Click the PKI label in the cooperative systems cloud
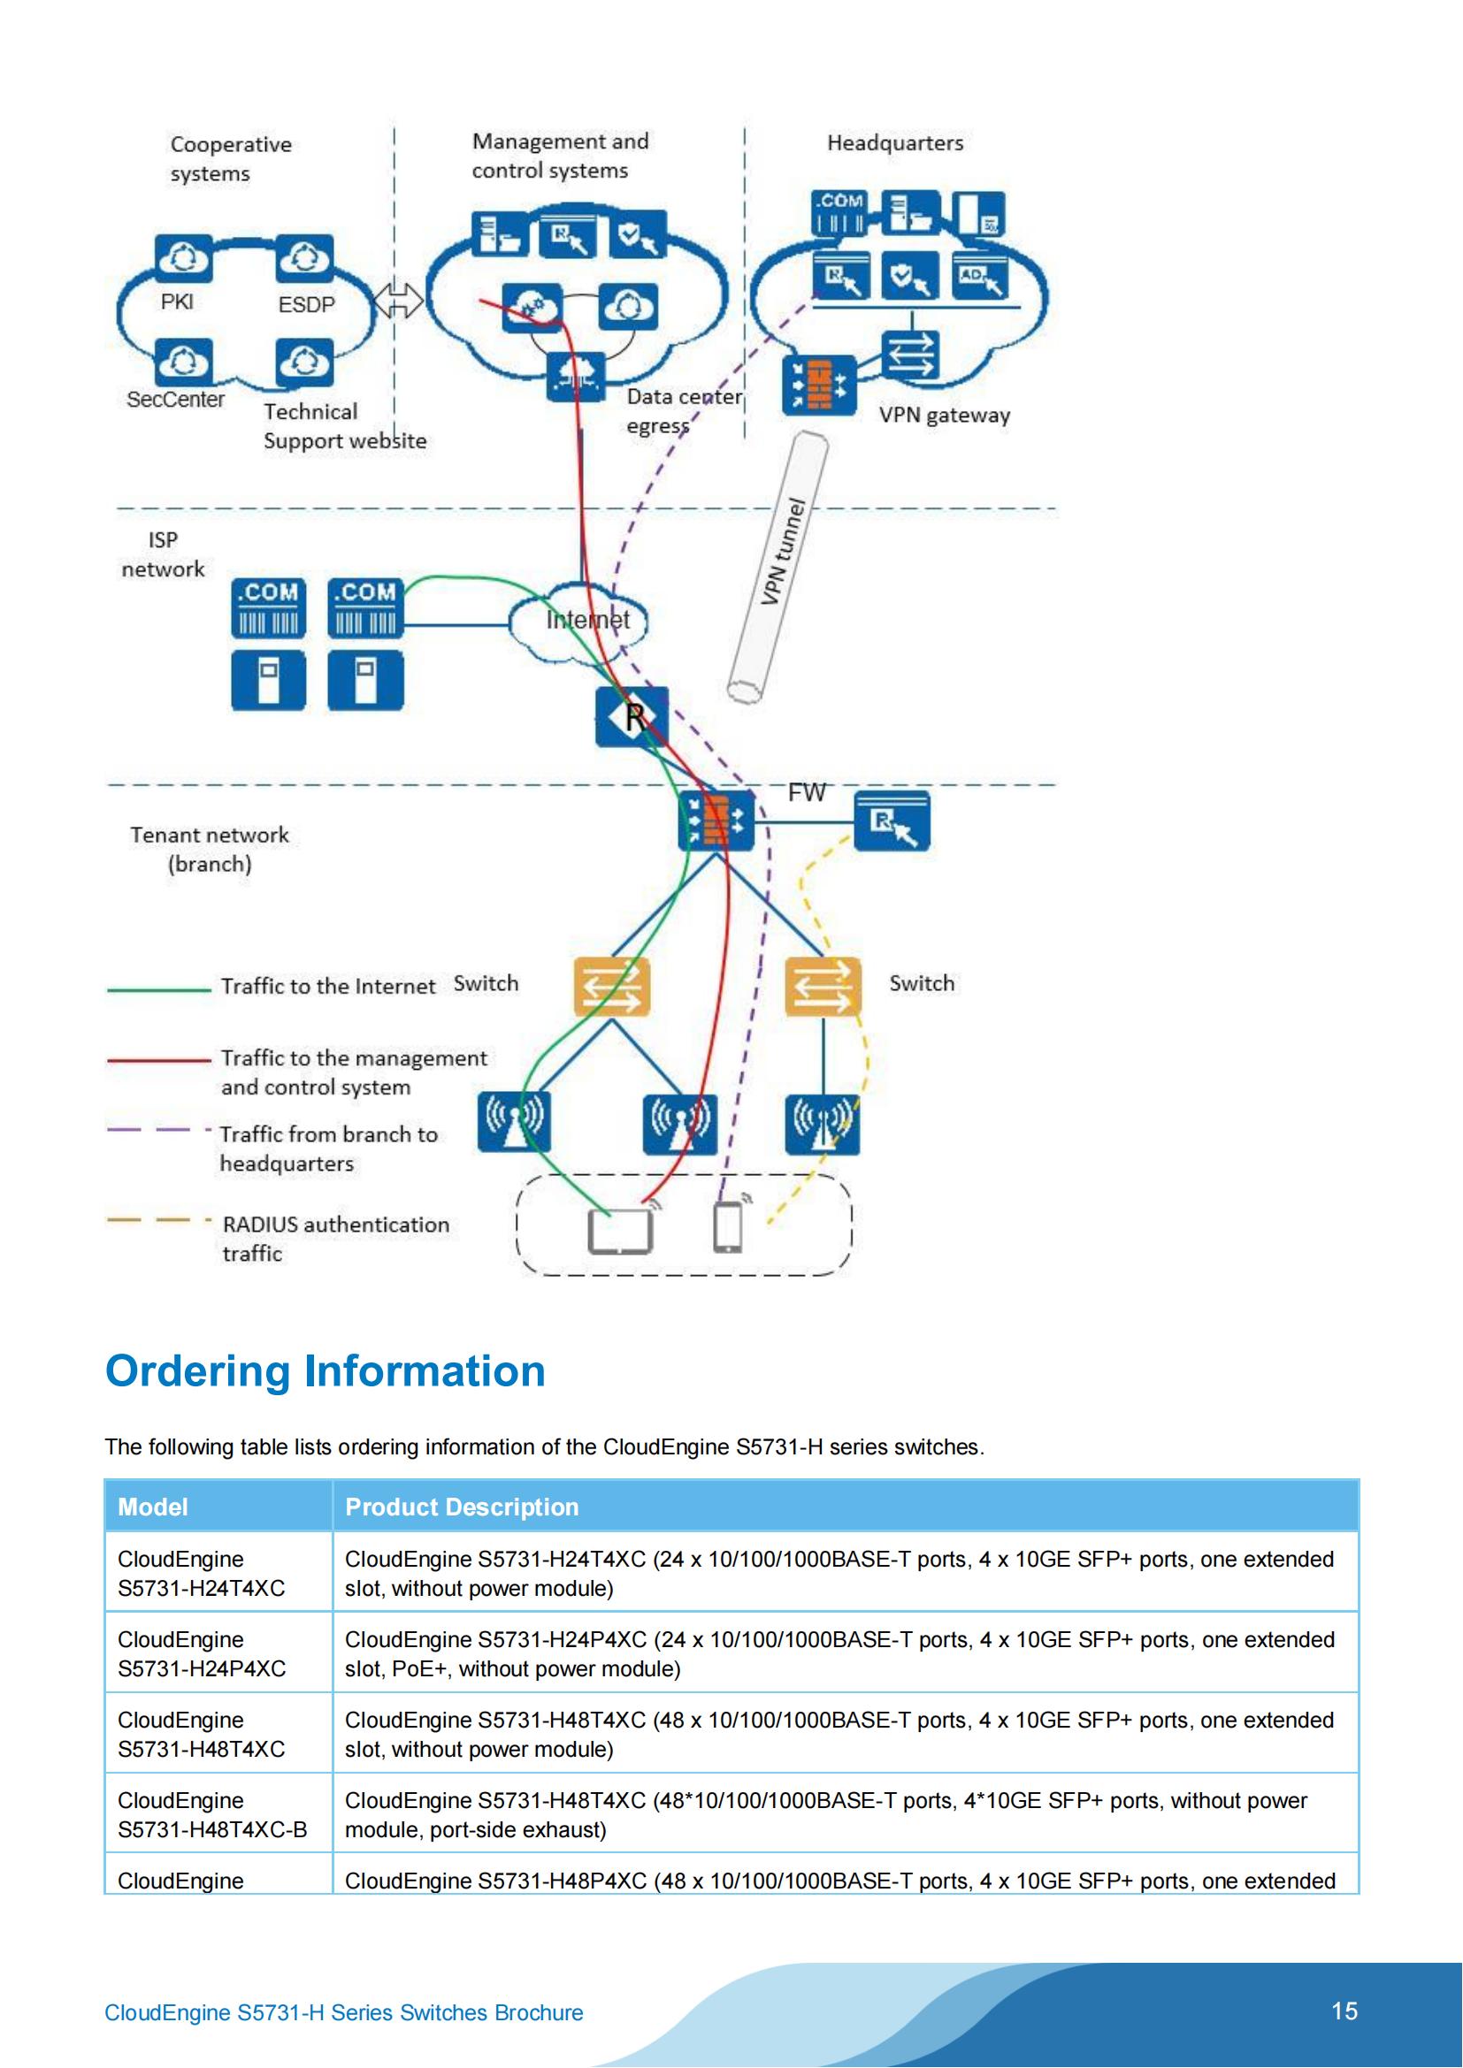[177, 301]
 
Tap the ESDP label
[306, 304]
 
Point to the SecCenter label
[176, 399]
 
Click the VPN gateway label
[944, 416]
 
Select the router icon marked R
[632, 717]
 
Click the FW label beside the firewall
[807, 792]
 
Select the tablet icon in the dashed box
[620, 1231]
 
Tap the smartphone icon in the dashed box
[728, 1227]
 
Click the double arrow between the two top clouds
[398, 300]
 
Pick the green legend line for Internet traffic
[158, 989]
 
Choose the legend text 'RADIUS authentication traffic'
[335, 1239]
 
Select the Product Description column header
[461, 1507]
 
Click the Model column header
[153, 1507]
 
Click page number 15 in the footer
[1344, 2011]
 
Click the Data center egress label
[684, 411]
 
